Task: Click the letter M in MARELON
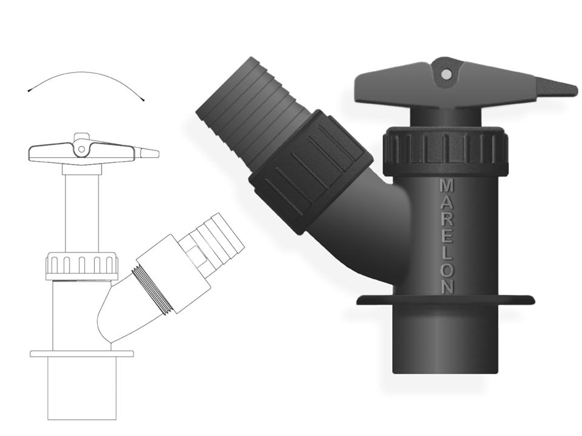tap(446, 186)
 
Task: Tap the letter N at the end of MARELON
tap(447, 286)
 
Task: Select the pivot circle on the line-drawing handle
tap(81, 150)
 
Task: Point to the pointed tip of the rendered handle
tap(575, 90)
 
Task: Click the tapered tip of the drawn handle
tap(157, 153)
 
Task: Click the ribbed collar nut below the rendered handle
tap(446, 151)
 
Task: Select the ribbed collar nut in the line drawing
tap(82, 266)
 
